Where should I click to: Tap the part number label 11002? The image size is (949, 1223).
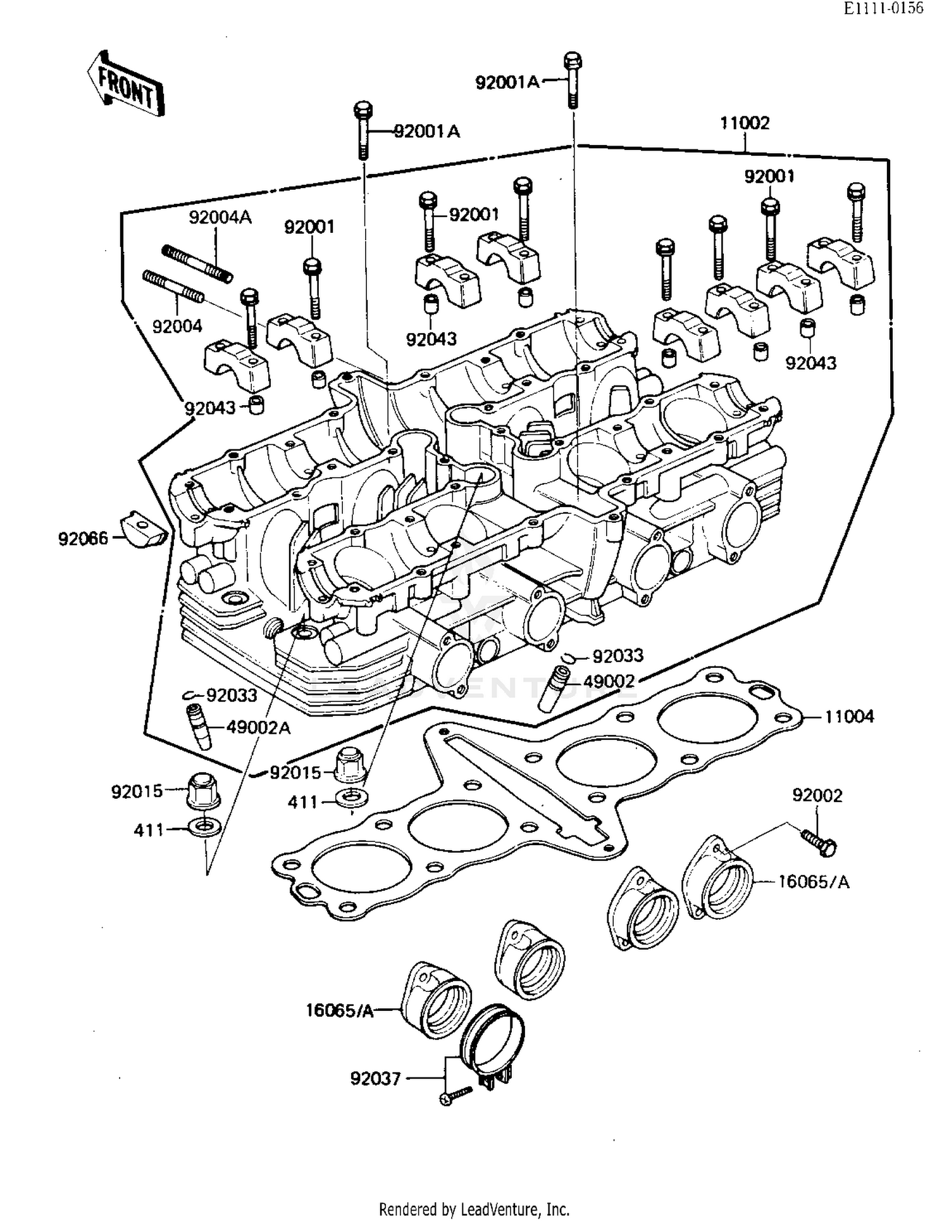tap(745, 123)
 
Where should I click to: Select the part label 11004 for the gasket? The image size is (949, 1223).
tap(849, 717)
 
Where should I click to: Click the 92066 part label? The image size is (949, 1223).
tap(83, 539)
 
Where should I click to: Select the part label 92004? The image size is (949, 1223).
tap(177, 327)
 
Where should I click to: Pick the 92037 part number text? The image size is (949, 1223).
tap(375, 1078)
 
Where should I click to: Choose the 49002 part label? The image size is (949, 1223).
tap(608, 681)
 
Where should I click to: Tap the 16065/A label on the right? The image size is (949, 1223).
tap(814, 882)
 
